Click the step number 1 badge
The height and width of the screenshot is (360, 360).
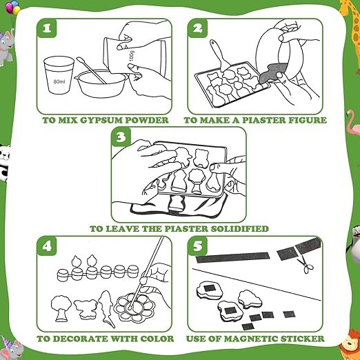click(x=47, y=28)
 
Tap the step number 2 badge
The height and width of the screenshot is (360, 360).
click(x=198, y=28)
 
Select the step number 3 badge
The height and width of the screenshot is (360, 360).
click(x=121, y=137)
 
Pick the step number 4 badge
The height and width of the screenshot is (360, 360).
click(x=47, y=246)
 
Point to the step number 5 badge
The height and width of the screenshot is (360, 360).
click(x=198, y=246)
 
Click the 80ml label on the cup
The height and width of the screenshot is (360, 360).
click(x=59, y=81)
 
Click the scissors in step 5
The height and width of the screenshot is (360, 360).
click(x=306, y=266)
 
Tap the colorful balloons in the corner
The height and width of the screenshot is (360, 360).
click(x=12, y=7)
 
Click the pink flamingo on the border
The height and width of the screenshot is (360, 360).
click(x=353, y=122)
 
